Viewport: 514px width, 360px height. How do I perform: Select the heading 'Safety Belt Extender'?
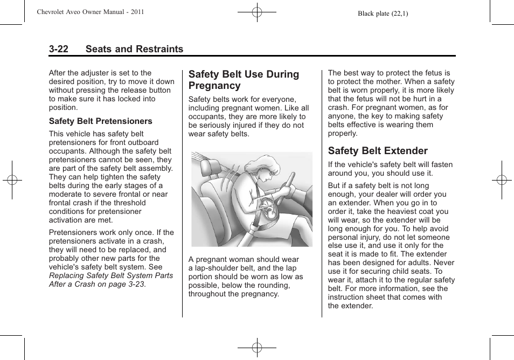pyautogui.click(x=378, y=151)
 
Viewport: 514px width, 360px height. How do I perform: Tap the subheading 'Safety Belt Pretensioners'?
pyautogui.click(x=101, y=121)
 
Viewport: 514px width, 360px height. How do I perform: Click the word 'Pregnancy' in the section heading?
pyautogui.click(x=214, y=86)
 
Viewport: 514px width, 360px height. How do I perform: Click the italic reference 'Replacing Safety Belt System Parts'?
pyautogui.click(x=111, y=275)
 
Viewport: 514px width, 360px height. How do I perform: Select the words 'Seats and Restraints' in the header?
pyautogui.click(x=134, y=49)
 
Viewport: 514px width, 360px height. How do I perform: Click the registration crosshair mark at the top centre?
pyautogui.click(x=257, y=12)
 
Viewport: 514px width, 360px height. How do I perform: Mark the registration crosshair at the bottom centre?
pyautogui.click(x=257, y=348)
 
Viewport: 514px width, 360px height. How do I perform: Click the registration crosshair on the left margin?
pyautogui.click(x=12, y=180)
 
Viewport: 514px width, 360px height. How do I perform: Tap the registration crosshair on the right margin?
pyautogui.click(x=502, y=180)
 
